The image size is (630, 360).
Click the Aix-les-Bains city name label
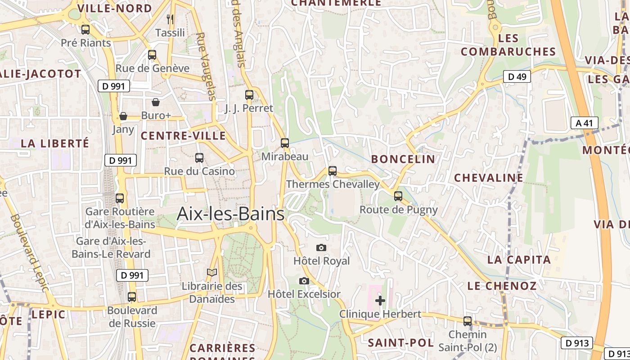[x=230, y=214]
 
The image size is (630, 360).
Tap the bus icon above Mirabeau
[x=285, y=143]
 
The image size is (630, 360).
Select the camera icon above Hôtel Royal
[x=321, y=247]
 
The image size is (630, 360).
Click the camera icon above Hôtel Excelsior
[x=304, y=281]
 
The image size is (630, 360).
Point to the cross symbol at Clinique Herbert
[x=380, y=300]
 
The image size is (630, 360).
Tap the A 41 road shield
[x=584, y=123]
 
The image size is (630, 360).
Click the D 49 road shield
[x=517, y=76]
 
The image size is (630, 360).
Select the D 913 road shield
[x=576, y=343]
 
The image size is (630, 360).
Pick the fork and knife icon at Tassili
[x=170, y=19]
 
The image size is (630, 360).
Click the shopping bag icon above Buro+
[x=156, y=102]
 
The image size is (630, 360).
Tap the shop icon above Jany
[x=123, y=116]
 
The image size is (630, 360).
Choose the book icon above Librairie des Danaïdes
[x=212, y=272]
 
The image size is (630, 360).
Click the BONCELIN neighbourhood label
[x=403, y=159]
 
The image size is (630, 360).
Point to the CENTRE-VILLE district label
[x=183, y=136]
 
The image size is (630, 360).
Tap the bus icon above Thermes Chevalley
[x=333, y=171]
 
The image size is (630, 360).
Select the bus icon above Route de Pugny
[x=398, y=196]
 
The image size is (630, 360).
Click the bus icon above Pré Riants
[x=85, y=30]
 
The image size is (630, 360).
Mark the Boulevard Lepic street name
[x=28, y=252]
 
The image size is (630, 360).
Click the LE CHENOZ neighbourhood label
[x=502, y=286]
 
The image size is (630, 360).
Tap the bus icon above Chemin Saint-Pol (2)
[x=468, y=321]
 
